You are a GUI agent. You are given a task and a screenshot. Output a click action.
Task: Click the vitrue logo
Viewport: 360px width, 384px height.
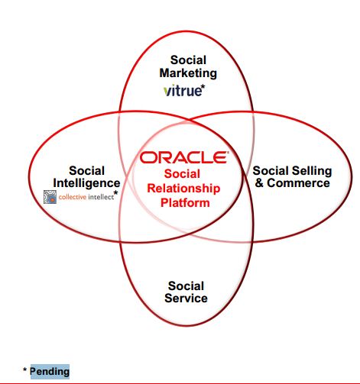183,91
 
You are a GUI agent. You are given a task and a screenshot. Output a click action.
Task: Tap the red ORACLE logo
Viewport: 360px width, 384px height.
184,157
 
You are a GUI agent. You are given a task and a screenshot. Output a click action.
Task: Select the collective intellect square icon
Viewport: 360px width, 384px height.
50,197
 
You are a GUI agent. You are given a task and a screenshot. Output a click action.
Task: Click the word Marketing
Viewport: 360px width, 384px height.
188,73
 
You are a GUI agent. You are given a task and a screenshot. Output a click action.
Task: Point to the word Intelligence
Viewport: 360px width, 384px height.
86,184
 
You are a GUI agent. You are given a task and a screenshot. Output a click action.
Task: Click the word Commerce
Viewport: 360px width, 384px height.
298,183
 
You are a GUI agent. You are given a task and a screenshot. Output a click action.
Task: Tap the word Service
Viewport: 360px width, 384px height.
186,298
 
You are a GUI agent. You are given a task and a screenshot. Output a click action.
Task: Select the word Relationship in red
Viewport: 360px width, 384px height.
183,189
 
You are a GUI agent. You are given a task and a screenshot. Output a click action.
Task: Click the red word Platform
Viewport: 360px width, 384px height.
185,203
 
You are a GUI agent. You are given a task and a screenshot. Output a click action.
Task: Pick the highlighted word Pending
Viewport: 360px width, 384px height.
50,372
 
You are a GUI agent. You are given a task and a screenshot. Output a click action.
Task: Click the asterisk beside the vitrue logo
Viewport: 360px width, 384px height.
203,87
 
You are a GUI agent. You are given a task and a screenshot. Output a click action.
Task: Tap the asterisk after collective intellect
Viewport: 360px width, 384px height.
116,192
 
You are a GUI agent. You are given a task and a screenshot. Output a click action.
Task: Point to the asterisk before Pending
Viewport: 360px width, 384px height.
24,369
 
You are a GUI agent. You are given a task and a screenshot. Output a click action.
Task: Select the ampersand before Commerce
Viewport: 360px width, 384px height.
259,183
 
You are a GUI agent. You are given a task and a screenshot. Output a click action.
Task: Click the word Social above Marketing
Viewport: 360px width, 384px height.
188,60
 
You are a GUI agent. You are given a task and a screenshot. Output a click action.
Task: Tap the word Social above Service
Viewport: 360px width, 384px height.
186,286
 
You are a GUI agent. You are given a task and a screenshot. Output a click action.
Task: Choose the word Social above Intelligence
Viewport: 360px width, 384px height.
86,171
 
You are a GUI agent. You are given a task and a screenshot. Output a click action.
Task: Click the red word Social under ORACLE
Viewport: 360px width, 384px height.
182,174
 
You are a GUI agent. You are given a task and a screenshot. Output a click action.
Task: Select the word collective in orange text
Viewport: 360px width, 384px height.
73,197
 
